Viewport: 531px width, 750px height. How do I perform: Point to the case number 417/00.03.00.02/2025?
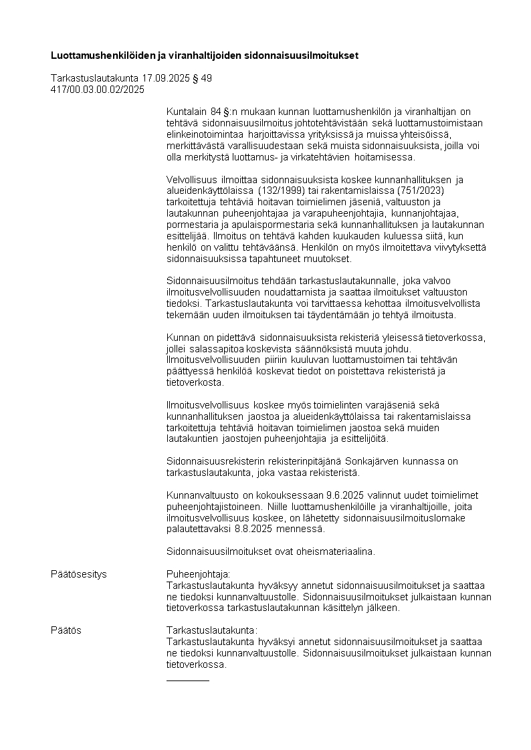97,88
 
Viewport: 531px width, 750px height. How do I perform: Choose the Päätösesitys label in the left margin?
79,574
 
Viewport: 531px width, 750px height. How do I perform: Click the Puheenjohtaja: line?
198,574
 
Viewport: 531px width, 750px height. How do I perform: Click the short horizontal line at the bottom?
187,680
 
